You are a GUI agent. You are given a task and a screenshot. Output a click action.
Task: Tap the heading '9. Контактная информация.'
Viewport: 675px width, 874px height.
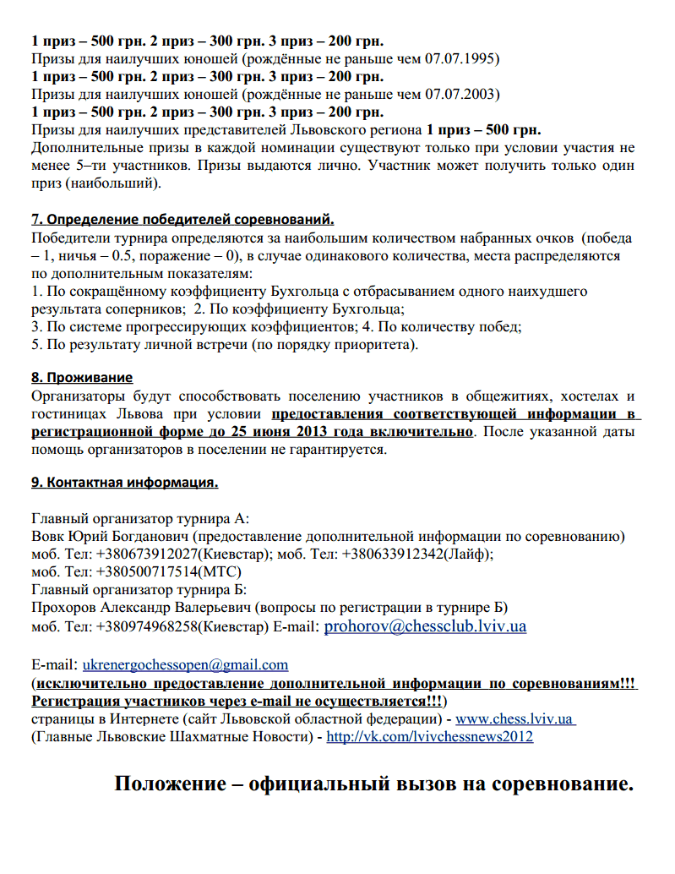125,483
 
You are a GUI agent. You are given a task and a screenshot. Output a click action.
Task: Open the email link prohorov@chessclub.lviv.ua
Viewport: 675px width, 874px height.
426,626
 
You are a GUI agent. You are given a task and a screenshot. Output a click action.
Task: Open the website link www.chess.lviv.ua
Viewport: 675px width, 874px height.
515,719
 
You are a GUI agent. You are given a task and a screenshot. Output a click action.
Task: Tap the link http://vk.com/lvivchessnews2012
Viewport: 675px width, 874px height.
429,737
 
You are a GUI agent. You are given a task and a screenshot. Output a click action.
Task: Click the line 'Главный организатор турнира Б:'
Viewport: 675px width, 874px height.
138,590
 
